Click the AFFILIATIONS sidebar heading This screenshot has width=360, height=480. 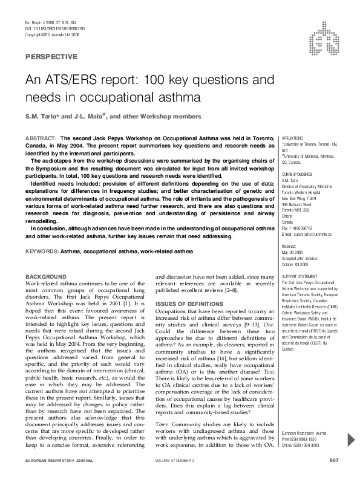[x=293, y=138]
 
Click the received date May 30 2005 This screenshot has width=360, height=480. [x=293, y=252]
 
